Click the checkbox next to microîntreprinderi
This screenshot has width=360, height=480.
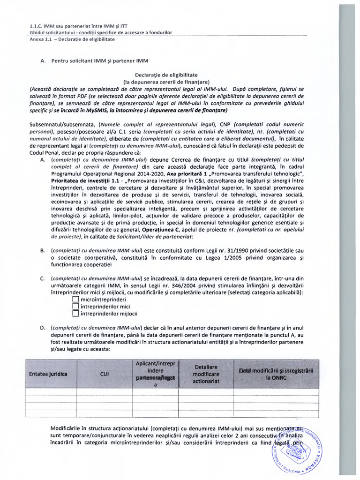coord(75,299)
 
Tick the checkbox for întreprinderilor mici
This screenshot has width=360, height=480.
coord(75,307)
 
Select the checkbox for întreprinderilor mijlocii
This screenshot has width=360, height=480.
coord(75,314)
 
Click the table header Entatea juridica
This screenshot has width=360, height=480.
coord(48,374)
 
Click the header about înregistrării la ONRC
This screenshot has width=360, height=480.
coord(276,374)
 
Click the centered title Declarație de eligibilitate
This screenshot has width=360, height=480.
coord(166,75)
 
